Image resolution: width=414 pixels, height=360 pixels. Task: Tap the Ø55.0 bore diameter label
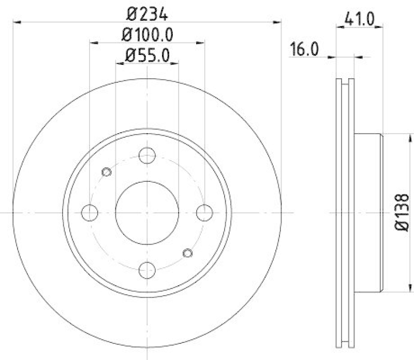tap(147, 54)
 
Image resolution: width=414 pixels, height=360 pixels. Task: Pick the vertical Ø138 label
tap(404, 212)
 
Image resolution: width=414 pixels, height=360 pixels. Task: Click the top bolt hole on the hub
tap(147, 155)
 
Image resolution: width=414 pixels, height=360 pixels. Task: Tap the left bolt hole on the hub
tap(90, 212)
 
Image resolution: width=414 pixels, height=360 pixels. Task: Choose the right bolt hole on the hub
tap(205, 212)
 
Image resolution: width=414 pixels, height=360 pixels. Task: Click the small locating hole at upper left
tap(107, 172)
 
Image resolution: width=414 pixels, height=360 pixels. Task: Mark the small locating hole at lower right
tap(188, 252)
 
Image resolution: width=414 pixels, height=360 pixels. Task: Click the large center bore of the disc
tap(147, 212)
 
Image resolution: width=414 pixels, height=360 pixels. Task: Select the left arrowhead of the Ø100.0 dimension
tap(93, 43)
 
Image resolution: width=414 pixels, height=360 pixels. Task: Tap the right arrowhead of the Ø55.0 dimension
tap(176, 63)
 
